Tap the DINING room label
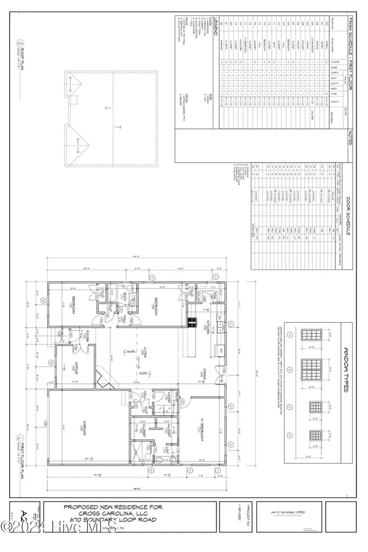[208, 374]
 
